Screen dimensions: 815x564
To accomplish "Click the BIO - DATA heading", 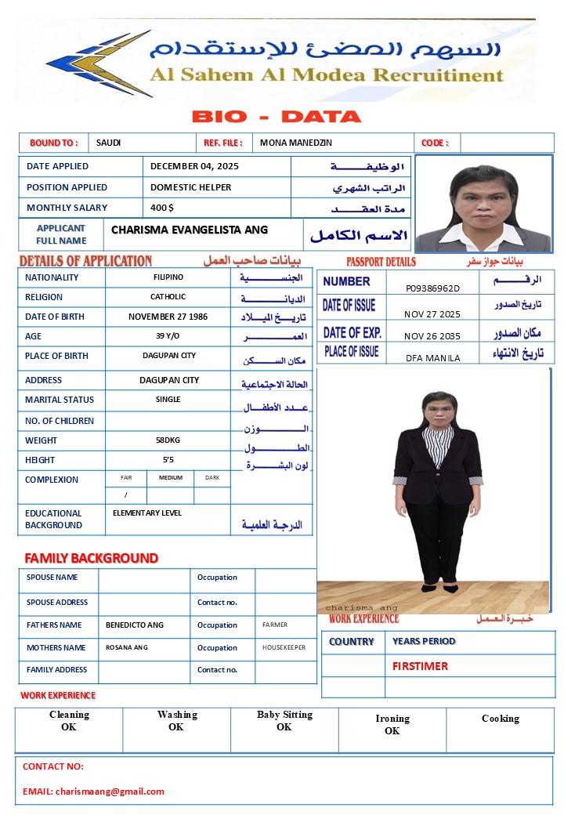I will (x=277, y=118).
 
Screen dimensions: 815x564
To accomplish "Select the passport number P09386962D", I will (x=432, y=288).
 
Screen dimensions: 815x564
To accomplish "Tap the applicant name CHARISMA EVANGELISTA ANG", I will (x=190, y=230).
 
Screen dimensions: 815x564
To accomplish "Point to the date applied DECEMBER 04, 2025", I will (x=194, y=166).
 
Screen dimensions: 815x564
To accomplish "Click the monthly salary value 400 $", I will (x=162, y=208).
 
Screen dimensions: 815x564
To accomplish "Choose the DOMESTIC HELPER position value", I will (x=190, y=187).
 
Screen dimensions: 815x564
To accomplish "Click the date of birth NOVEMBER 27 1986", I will (x=168, y=317).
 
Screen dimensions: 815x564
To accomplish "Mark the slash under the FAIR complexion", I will (x=125, y=495).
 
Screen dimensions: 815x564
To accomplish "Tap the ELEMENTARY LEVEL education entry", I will (x=147, y=513).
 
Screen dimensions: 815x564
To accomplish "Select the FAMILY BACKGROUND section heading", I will (x=92, y=558).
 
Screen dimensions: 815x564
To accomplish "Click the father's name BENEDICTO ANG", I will (x=135, y=625).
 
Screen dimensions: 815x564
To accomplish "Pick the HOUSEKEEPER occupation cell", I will (x=284, y=648).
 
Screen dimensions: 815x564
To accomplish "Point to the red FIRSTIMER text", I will (x=421, y=666).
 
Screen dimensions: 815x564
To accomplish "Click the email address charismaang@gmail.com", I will (x=110, y=791).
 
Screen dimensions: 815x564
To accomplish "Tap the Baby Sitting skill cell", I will (x=284, y=720).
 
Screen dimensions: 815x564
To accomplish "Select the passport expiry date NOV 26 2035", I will (x=432, y=336).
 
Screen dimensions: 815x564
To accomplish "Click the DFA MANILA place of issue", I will (x=432, y=358).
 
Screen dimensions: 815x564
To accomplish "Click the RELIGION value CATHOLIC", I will (x=168, y=297).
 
